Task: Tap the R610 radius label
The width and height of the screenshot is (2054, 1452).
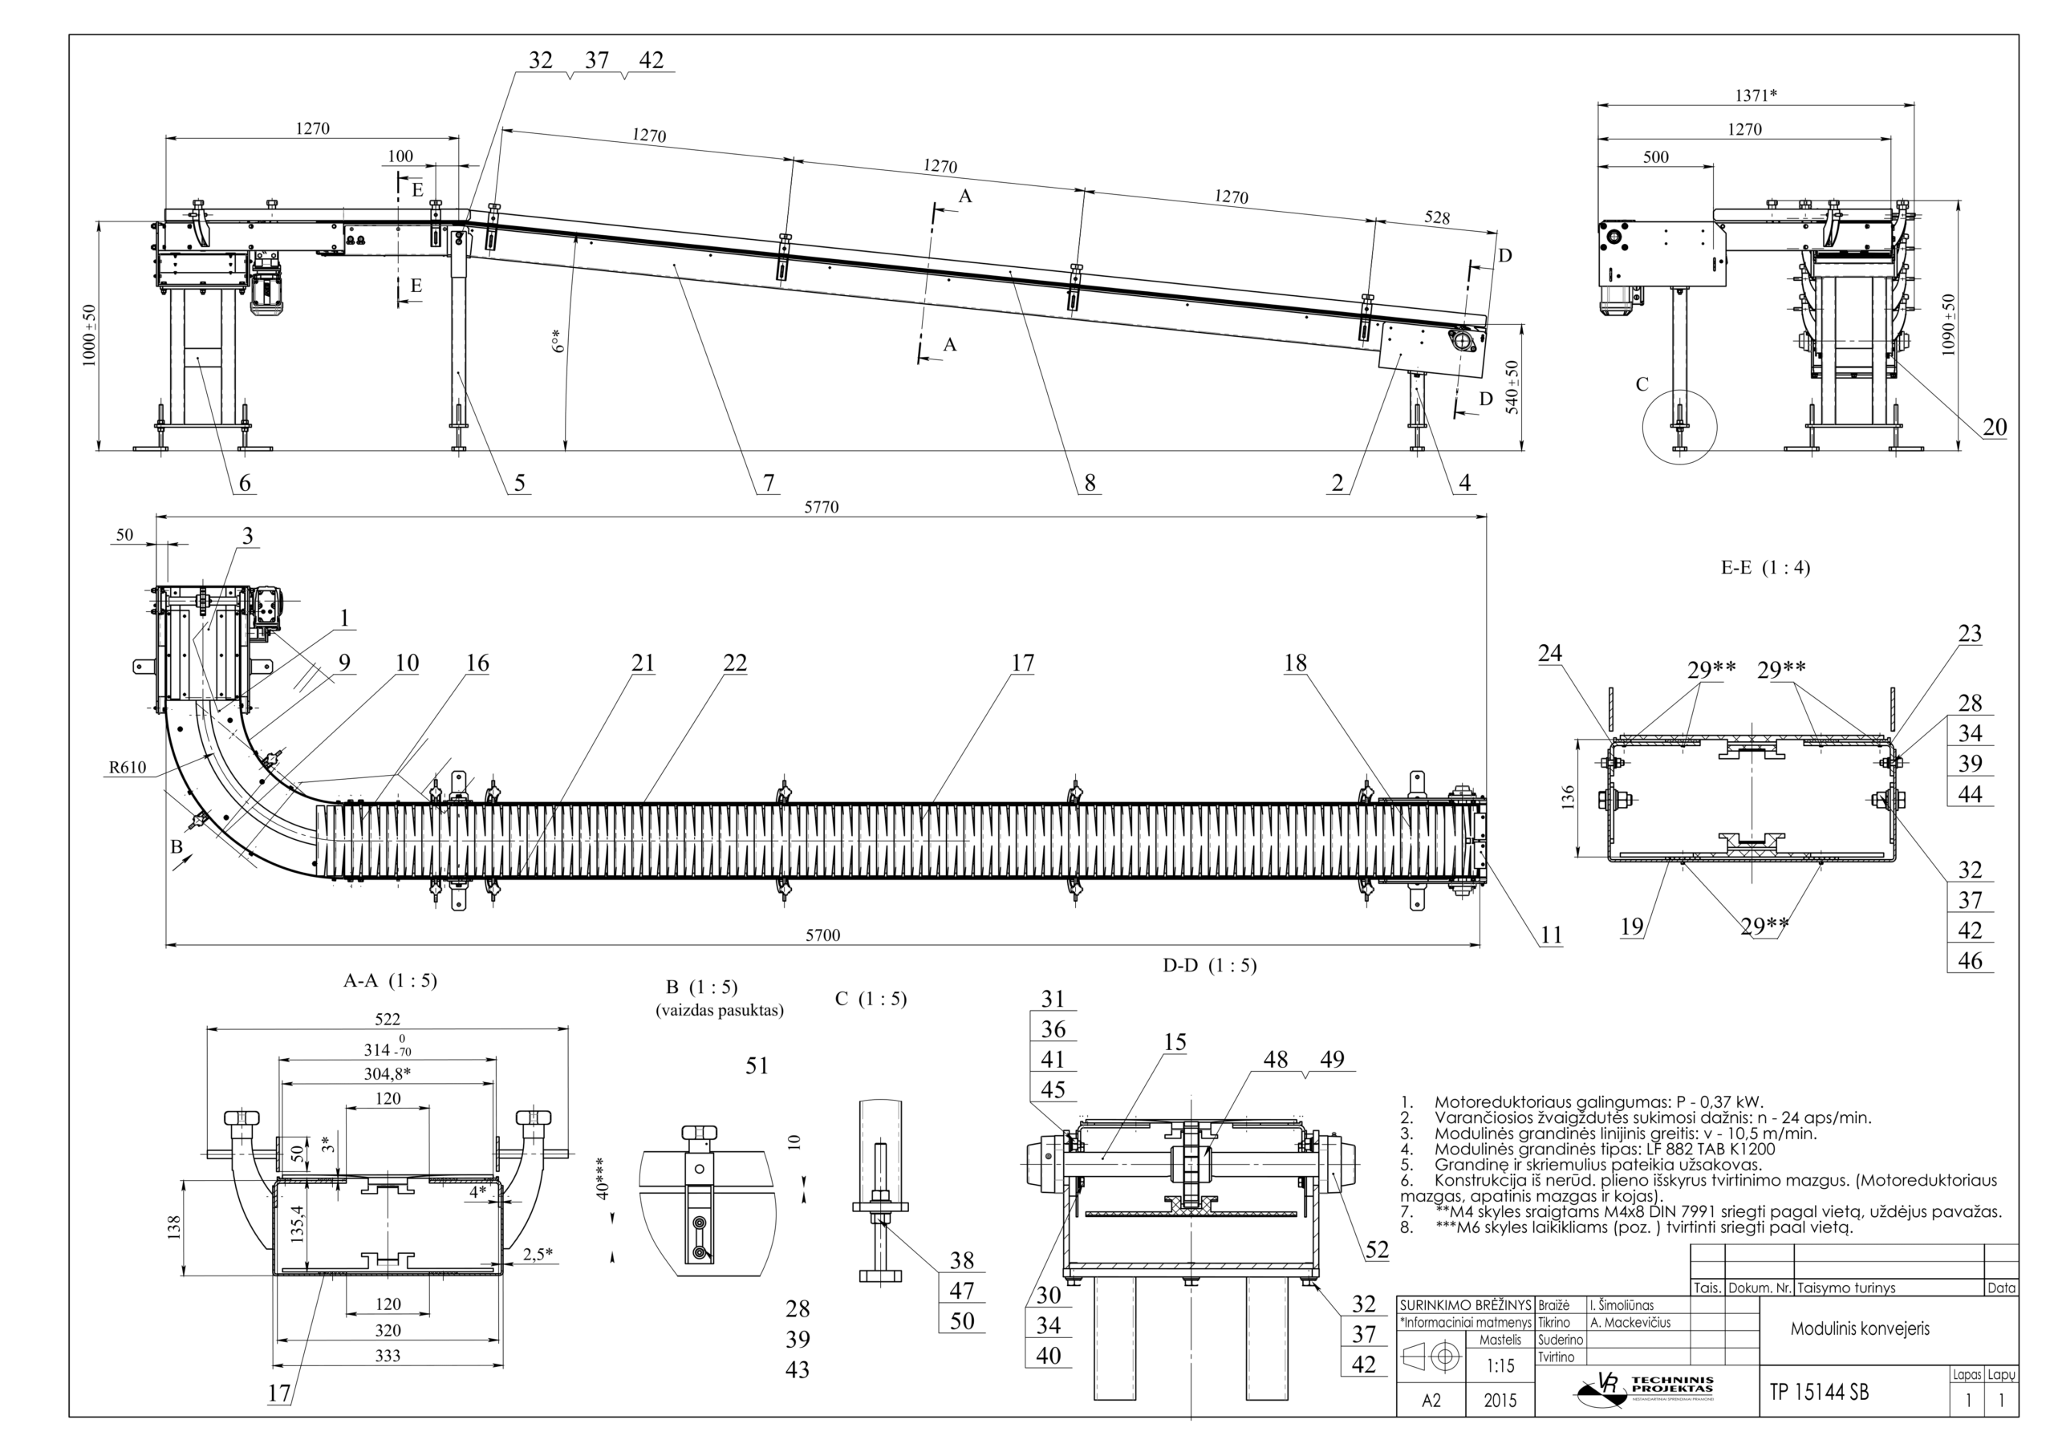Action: point(127,767)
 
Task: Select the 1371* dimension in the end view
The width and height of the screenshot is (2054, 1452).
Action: point(1756,95)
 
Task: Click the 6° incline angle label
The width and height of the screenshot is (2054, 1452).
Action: point(558,341)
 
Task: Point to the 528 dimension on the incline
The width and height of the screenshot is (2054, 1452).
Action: point(1437,217)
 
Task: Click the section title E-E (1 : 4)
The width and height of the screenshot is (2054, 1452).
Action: point(1765,567)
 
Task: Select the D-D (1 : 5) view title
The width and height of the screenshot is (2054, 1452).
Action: point(1209,965)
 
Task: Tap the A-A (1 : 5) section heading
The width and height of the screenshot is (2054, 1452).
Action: point(390,980)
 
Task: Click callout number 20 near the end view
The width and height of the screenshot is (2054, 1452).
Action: point(1994,428)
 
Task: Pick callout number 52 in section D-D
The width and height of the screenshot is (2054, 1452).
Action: point(1377,1250)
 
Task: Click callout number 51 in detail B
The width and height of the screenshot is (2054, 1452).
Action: point(757,1065)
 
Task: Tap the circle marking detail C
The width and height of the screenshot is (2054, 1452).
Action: point(1679,428)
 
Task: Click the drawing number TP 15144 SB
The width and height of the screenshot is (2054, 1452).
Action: point(1819,1392)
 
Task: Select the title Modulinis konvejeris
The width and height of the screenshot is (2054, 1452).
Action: point(1859,1328)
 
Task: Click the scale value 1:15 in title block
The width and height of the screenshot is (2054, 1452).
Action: point(1500,1367)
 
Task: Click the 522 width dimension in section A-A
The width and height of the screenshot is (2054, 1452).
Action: point(388,1019)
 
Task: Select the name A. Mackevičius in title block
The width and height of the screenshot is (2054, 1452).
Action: point(1630,1322)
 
